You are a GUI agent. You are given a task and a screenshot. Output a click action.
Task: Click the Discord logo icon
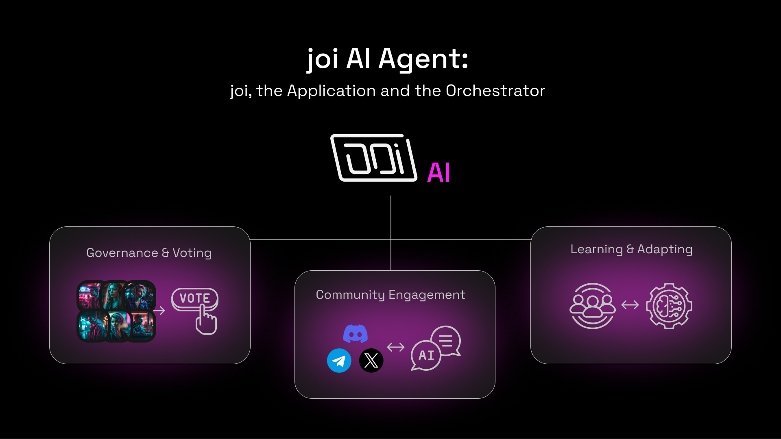coord(356,333)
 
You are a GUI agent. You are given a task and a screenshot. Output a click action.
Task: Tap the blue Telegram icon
coord(339,361)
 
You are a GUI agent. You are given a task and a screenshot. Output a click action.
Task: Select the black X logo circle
coord(371,361)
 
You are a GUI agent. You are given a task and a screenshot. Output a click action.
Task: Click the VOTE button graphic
coord(195,299)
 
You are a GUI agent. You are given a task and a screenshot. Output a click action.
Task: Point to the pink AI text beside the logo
coord(439,172)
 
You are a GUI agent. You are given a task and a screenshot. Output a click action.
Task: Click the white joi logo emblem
coord(374,158)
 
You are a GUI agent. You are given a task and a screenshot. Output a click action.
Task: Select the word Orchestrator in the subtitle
coord(495,91)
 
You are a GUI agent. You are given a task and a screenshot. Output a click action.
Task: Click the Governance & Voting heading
coord(149,253)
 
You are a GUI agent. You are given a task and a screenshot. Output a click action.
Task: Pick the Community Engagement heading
coord(390,295)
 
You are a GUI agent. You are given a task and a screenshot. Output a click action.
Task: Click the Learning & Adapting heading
coord(631,250)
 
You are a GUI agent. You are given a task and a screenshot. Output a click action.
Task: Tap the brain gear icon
coord(669,306)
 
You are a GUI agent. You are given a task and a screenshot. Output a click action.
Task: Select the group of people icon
coord(593,306)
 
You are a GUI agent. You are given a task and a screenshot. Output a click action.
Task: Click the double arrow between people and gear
coord(630,305)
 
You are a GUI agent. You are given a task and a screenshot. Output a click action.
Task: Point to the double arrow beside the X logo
coord(396,347)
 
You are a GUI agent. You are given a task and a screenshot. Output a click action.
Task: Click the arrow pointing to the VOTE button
coord(159,311)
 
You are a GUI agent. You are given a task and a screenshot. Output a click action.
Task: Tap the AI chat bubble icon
coord(426,356)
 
